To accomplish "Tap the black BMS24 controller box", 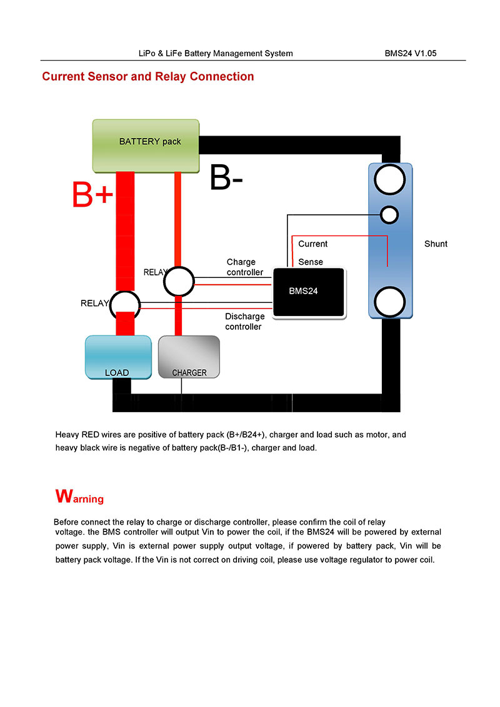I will [x=309, y=292].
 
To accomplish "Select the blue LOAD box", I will [x=117, y=357].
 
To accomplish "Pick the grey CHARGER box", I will [x=189, y=357].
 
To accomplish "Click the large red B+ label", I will [x=92, y=195].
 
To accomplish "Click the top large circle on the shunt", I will [x=391, y=180].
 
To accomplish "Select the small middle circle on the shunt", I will [x=389, y=214].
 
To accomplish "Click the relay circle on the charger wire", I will [x=179, y=282].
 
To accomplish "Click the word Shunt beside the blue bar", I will [x=436, y=244].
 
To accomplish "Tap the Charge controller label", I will [x=244, y=267].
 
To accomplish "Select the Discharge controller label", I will [x=244, y=321].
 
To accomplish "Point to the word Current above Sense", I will [x=312, y=244].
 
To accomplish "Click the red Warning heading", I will [x=79, y=497].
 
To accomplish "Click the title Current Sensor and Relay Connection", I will [x=147, y=77].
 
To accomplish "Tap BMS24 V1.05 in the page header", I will [x=411, y=53].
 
